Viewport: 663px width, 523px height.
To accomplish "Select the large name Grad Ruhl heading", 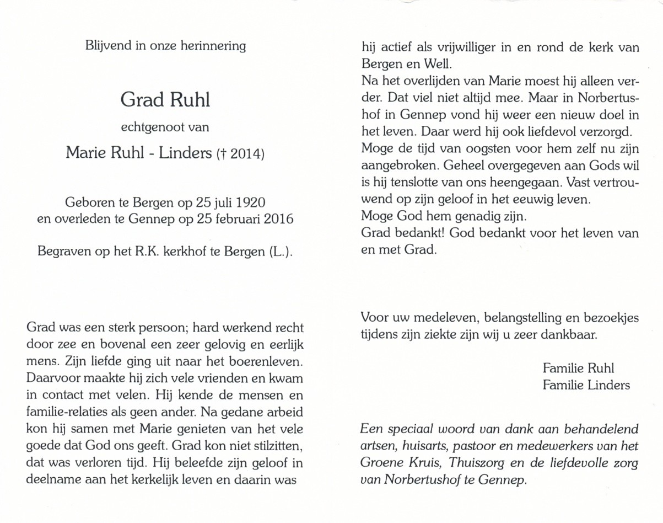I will [x=165, y=101].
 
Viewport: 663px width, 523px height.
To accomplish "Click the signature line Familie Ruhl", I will [x=578, y=368].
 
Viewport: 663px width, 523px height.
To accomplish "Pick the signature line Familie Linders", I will [x=586, y=385].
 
